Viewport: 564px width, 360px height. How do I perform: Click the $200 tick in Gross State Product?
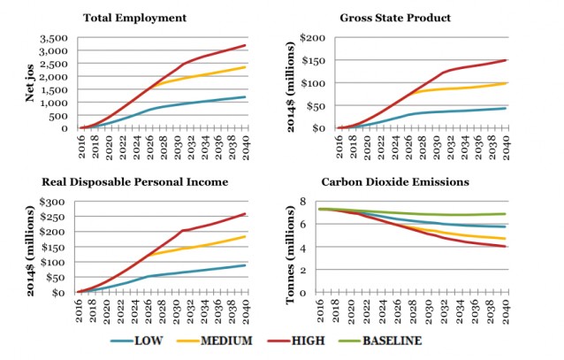click(315, 39)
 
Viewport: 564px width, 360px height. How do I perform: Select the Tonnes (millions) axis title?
click(291, 248)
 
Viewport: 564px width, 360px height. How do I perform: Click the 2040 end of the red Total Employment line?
click(246, 45)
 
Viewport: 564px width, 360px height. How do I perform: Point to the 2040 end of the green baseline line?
click(505, 213)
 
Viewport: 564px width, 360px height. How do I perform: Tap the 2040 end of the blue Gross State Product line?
click(505, 108)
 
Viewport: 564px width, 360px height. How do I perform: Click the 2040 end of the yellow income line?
click(246, 236)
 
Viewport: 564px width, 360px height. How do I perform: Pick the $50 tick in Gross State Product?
click(316, 106)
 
